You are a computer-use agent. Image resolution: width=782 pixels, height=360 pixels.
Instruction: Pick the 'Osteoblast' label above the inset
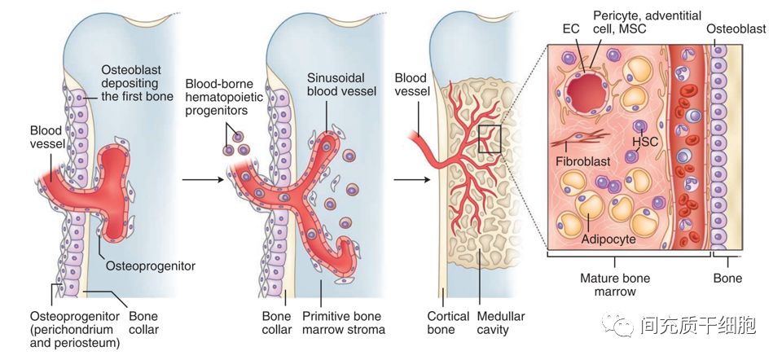[736, 29]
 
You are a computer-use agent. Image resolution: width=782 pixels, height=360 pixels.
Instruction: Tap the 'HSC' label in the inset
[644, 141]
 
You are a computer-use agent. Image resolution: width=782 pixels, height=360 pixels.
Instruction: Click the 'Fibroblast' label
[583, 161]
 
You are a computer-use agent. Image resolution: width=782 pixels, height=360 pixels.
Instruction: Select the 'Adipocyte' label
[608, 240]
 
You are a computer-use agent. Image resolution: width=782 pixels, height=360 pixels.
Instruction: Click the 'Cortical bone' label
[448, 323]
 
